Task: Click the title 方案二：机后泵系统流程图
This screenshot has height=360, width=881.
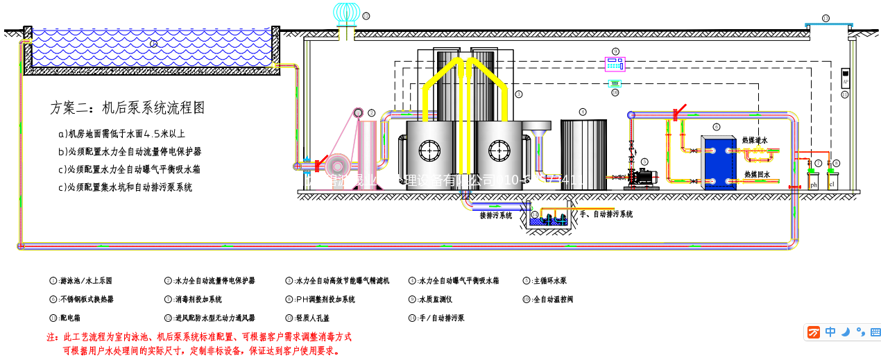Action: point(128,108)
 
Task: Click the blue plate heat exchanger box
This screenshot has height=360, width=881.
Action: point(718,162)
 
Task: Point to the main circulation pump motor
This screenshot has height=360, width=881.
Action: point(646,177)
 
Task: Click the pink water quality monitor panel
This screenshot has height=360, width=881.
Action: point(615,64)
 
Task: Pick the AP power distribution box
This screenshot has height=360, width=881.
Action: point(845,77)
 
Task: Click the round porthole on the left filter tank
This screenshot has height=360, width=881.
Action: point(430,149)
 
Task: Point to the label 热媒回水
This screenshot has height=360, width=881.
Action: point(756,175)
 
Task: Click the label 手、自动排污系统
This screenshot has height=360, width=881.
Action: point(606,214)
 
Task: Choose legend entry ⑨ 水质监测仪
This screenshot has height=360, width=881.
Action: point(430,300)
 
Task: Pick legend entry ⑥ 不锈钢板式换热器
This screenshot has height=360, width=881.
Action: point(81,300)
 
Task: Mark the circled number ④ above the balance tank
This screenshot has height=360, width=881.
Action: point(583,112)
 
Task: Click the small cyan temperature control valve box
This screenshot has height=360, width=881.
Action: point(614,83)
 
